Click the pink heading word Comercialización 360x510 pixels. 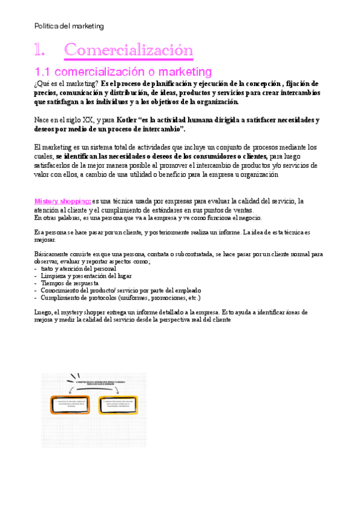129,49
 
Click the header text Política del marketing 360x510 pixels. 69,26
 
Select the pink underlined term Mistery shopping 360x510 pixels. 63,200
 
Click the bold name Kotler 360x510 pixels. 127,120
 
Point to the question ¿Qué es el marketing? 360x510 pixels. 66,84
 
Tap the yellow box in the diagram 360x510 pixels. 118,405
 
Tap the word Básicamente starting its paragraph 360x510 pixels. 52,254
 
